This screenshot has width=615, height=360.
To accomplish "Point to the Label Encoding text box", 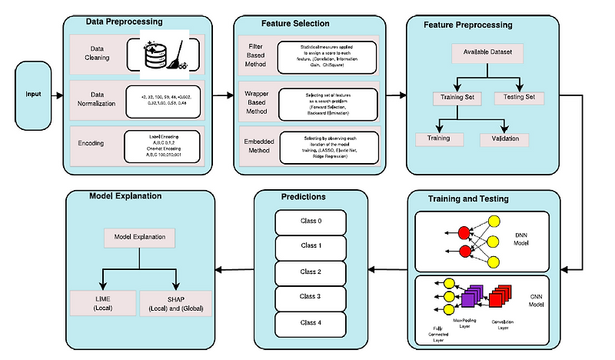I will tap(162, 143).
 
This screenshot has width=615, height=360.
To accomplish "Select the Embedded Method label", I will tap(254, 147).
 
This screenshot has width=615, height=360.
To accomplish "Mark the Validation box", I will tap(505, 139).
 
